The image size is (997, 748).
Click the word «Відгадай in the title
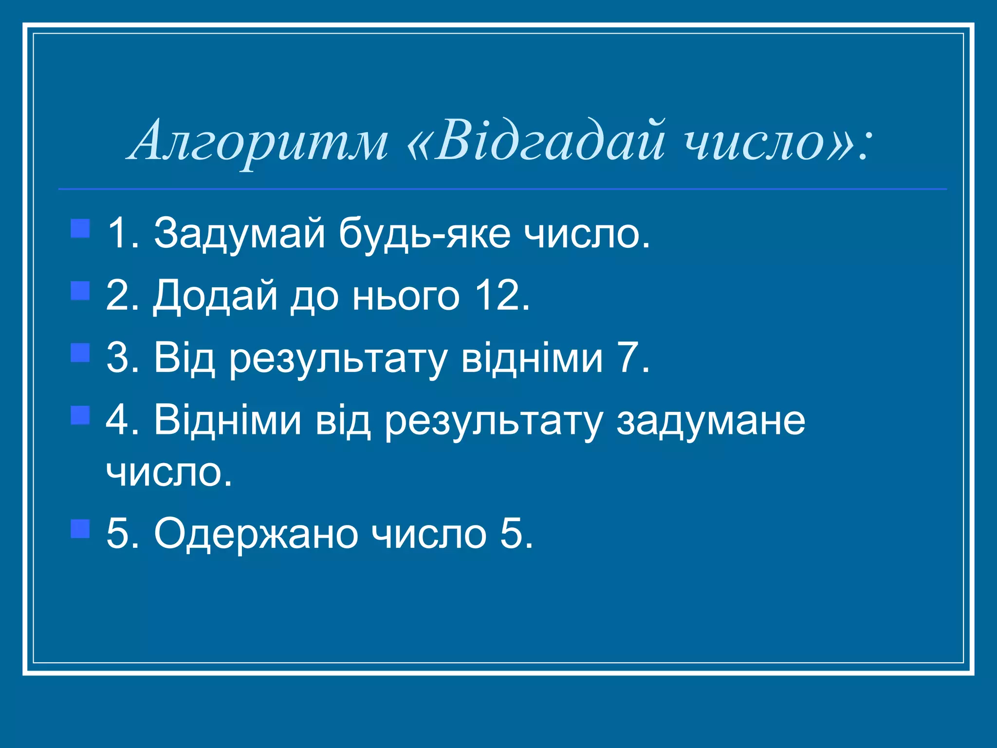pos(535,141)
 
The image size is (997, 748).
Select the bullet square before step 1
pos(80,228)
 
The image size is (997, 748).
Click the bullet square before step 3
pos(80,353)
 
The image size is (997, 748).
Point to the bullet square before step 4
pos(80,415)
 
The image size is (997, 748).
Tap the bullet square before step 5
pos(80,528)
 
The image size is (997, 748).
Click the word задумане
pos(711,421)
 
